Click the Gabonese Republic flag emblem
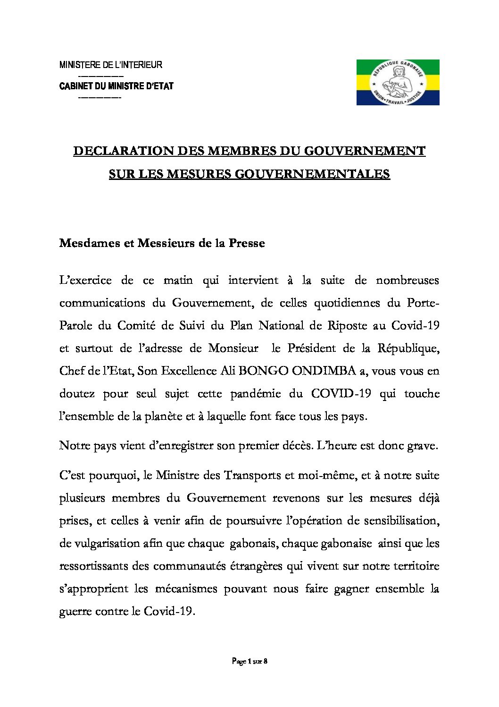[398, 82]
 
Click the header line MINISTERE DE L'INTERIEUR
[111, 65]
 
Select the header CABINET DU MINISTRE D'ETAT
[116, 86]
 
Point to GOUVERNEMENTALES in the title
[312, 174]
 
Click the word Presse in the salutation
[247, 243]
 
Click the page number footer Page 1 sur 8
[249, 662]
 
